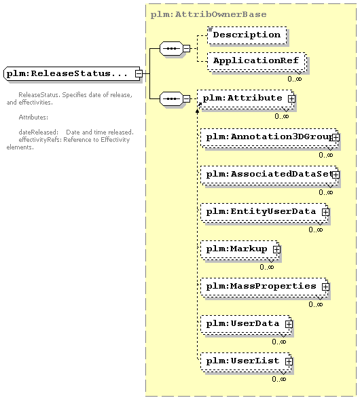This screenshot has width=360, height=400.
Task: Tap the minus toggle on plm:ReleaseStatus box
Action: point(139,74)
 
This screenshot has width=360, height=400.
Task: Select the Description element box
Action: point(247,35)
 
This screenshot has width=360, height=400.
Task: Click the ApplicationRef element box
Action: point(257,61)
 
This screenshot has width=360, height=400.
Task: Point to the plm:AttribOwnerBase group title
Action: point(209,14)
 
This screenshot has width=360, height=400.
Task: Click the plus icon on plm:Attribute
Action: point(291,98)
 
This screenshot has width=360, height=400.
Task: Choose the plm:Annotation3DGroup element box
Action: point(269,138)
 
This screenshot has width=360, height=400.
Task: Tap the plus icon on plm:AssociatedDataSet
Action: point(336,175)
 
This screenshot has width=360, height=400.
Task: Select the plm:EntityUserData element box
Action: point(264,213)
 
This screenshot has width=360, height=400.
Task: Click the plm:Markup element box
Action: point(240,249)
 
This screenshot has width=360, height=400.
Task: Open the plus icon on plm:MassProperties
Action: point(325,287)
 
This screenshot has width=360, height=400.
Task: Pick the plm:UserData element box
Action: point(246,324)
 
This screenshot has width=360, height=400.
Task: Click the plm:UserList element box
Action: point(246,361)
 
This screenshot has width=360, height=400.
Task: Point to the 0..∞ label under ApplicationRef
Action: point(295,79)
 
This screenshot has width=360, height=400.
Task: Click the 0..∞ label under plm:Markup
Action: point(267,267)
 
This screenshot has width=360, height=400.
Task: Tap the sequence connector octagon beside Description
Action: point(171,48)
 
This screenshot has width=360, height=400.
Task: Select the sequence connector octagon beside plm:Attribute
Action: point(171,98)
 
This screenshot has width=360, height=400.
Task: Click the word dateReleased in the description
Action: point(38,132)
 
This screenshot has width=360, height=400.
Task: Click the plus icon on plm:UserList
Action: point(289,361)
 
